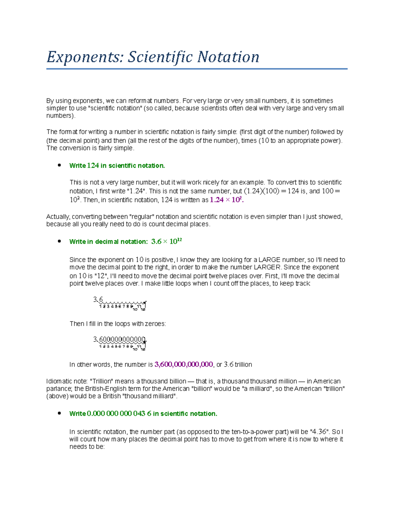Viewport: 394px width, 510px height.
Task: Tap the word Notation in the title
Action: click(x=228, y=57)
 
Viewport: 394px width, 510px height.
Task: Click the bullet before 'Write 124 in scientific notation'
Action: click(x=59, y=165)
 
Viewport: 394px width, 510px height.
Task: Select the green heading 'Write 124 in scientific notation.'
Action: click(x=117, y=166)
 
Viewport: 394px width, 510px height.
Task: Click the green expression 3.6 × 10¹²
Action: click(x=166, y=241)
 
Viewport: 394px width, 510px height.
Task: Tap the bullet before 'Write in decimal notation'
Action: click(x=59, y=241)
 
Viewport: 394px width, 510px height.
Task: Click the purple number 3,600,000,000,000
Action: click(x=184, y=364)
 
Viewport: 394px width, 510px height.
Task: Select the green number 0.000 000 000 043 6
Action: click(x=119, y=413)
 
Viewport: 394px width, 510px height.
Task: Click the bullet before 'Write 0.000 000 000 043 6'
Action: click(x=59, y=413)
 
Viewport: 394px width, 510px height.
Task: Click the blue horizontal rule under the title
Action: click(x=197, y=69)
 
